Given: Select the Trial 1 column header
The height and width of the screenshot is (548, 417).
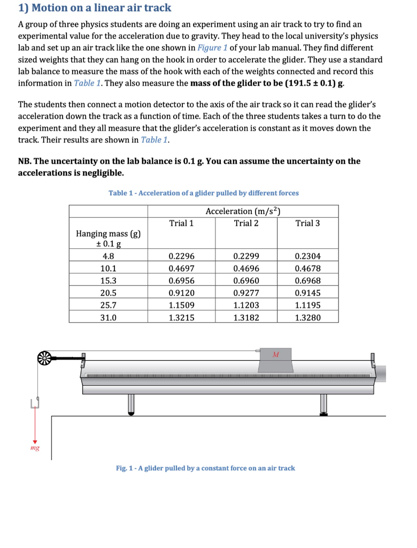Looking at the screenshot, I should coord(181,223).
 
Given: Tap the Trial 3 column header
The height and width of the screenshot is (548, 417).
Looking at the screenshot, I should coord(307,223).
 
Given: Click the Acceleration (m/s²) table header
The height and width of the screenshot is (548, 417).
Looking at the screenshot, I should coord(243,211).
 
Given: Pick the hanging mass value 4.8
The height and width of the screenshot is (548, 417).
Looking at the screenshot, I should coord(109,257).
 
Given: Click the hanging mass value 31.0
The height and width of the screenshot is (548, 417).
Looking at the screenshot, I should coord(109,317).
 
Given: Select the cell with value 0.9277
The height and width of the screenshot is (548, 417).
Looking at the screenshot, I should coord(246,293).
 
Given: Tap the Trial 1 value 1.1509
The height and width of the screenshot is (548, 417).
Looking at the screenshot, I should coord(181,305).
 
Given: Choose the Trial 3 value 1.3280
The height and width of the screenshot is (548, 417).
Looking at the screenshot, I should coord(307,317).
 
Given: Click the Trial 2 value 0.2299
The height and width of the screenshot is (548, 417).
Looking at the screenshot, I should coord(246,257).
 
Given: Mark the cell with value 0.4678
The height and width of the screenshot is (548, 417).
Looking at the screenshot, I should coord(307,269).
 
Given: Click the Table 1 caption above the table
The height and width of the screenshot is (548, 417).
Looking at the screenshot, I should coord(203,193).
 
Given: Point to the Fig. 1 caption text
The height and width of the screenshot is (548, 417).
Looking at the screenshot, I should coord(205,468).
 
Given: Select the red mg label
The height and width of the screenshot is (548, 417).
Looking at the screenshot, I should coord(35,447).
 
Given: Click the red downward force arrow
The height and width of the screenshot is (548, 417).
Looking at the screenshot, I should coord(35,425).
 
